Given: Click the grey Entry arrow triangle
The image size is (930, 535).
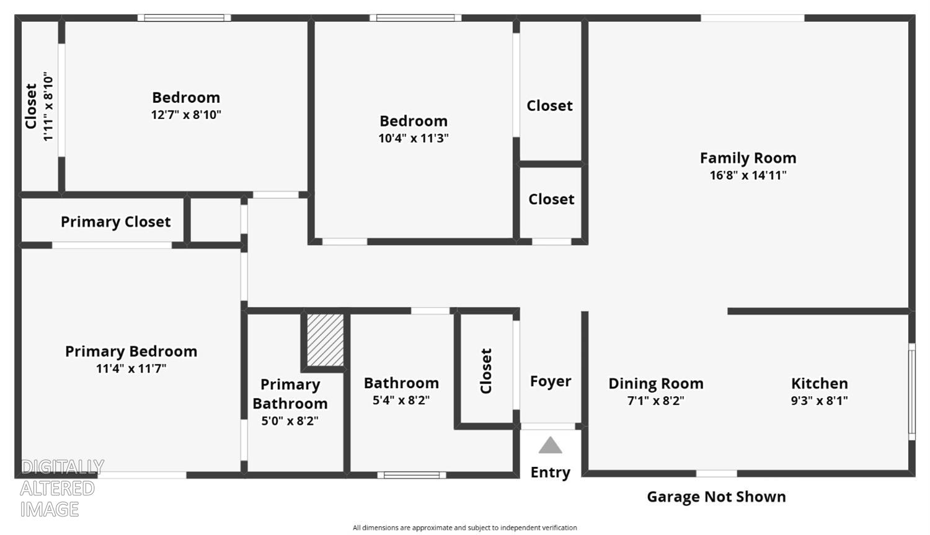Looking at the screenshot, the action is tap(550, 445).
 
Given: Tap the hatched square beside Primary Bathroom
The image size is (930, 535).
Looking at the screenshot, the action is tap(325, 340).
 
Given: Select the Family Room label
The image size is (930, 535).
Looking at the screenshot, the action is tap(748, 157).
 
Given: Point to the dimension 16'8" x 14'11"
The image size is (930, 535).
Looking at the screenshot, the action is tap(748, 175).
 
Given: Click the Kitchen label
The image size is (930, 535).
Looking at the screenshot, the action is tap(820, 383).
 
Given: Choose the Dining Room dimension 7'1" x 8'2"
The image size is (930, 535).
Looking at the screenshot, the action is tap(656, 400).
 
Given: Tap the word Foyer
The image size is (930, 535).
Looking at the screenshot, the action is tap(551, 381).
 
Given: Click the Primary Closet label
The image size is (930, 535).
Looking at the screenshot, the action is tap(116, 222).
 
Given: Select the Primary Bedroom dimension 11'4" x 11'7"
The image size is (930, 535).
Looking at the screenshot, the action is tap(131, 369).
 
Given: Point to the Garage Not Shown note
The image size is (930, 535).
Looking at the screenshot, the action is tap(716, 497).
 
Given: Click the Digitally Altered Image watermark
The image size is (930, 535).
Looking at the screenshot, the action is tap(62, 488).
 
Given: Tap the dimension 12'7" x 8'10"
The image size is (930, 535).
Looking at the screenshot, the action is tap(186, 115).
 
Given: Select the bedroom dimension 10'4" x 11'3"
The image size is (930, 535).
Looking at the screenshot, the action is tap(414, 138).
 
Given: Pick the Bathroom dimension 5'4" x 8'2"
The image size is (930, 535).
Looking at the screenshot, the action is tap(401, 400).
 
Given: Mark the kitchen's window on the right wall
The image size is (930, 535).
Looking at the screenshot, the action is tap(912, 391).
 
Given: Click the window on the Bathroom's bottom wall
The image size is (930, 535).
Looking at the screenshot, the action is tap(412, 475).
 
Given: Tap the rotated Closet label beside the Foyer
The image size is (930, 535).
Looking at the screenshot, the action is tap(485, 371).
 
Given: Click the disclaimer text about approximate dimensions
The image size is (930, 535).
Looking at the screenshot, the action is tap(464, 528).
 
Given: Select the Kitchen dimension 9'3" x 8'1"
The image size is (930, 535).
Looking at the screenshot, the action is tap(820, 400).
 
